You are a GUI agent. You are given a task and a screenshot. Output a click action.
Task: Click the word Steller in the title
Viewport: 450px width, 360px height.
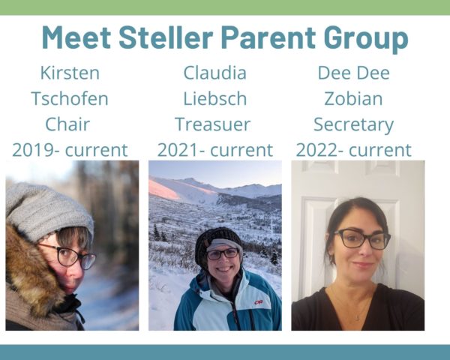166,37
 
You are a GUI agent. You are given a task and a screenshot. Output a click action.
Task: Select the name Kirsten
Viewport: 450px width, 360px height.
70,73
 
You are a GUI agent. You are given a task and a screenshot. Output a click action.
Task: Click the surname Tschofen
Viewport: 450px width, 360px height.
70,98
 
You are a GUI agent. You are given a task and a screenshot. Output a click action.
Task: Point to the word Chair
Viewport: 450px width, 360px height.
67,124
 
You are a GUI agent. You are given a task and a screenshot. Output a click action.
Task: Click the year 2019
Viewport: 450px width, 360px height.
34,150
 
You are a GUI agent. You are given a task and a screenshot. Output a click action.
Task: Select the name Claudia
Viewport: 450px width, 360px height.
215,73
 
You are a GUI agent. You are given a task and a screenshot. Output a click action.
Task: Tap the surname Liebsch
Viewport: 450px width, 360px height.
215,98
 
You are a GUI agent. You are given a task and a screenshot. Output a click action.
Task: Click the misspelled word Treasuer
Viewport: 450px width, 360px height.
213,124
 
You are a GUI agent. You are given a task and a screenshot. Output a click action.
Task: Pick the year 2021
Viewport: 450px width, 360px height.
178,150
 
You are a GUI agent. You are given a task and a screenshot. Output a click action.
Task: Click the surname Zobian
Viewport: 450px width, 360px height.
353,98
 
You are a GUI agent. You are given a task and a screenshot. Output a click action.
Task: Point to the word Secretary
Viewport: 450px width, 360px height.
353,125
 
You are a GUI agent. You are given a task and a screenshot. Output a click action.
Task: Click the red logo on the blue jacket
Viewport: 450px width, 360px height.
259,302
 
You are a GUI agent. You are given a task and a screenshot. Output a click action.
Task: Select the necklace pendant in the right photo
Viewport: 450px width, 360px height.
358,317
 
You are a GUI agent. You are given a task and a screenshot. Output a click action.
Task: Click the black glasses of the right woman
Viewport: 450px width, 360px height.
362,238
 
